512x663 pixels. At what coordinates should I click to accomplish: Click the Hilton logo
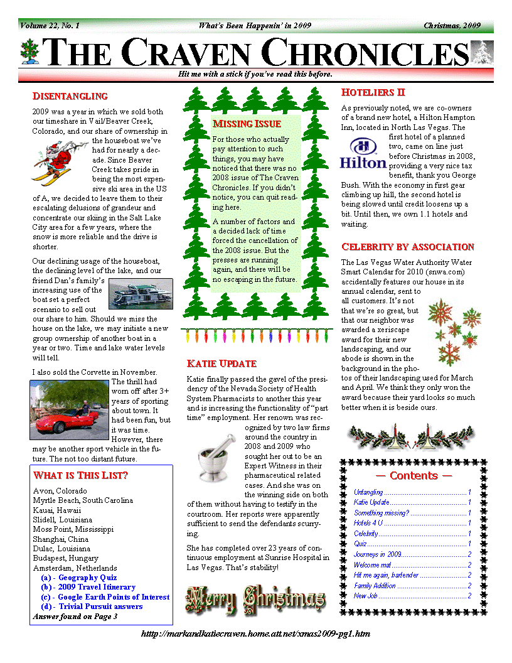tap(363, 154)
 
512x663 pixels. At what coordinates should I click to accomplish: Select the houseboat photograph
tap(141, 293)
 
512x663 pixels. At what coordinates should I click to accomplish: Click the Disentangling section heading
tap(70, 96)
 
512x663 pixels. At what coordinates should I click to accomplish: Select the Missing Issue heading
tap(247, 124)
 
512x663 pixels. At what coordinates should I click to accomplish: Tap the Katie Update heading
tap(221, 364)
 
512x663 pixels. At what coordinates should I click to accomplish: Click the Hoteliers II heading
tap(373, 92)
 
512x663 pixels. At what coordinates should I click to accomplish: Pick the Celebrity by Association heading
tap(407, 247)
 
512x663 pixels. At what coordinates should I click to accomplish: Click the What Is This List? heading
tap(80, 475)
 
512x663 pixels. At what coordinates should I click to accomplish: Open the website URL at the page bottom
tap(256, 634)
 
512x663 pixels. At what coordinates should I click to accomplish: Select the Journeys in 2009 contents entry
tap(378, 554)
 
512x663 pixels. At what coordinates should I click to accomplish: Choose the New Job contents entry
tap(365, 596)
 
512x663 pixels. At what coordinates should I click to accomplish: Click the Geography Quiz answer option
tap(78, 578)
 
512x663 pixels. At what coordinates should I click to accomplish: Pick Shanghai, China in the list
tap(60, 539)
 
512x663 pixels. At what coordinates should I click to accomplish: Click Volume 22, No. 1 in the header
tap(50, 26)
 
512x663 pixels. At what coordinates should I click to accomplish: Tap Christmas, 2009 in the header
tap(452, 26)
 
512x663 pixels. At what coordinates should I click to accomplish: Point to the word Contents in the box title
tap(413, 476)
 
